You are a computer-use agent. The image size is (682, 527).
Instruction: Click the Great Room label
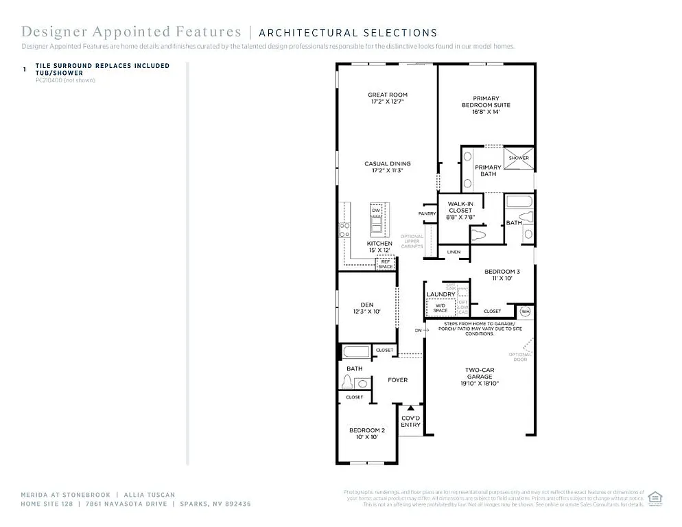point(387,95)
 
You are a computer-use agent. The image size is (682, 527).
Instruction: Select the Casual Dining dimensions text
point(387,171)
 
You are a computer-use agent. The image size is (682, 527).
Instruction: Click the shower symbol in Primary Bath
point(519,158)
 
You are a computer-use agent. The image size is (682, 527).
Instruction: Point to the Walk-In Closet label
point(460,207)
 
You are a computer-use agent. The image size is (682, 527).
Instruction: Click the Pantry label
point(427,213)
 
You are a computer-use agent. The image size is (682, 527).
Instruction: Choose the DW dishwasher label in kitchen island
point(376,210)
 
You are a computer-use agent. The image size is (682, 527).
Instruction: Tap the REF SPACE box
point(386,263)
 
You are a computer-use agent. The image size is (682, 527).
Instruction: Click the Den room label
point(366,305)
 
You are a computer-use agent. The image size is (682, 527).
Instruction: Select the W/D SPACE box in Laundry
point(440,309)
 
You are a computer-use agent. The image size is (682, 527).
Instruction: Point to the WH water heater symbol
point(526,312)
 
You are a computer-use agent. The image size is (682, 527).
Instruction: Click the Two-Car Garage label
point(480,373)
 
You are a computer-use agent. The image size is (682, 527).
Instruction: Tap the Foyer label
point(397,379)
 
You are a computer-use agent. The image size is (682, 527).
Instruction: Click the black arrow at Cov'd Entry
point(411,409)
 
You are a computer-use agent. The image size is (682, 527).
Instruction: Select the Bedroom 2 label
point(366,430)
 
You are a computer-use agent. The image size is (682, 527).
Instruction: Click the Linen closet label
point(454,253)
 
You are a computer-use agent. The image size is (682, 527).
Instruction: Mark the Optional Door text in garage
point(519,358)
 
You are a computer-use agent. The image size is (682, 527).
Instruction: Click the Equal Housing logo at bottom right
point(656,497)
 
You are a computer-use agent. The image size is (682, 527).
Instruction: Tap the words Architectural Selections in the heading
point(348,32)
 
